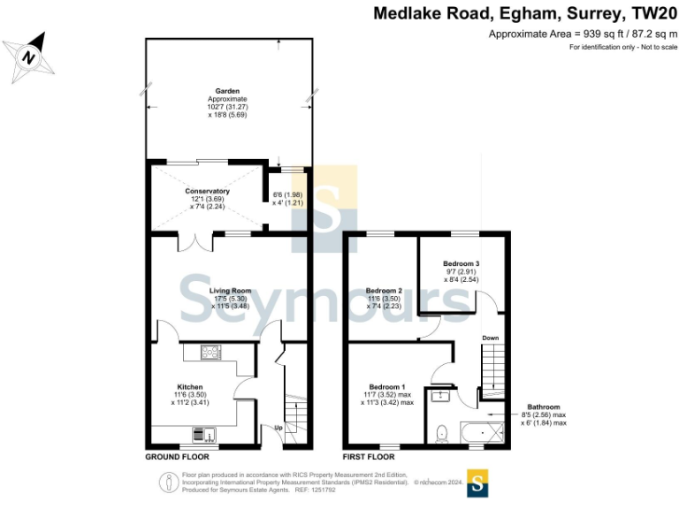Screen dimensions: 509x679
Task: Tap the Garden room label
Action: coord(227,91)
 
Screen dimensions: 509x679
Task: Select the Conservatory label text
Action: coord(207,191)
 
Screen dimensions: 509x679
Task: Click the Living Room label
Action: coord(230,291)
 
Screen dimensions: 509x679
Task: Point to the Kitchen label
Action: coord(190,387)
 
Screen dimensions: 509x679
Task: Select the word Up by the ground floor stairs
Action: coord(279,428)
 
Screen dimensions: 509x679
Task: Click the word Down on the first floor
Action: coord(490,338)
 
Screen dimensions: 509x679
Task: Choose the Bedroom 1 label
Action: coord(387,387)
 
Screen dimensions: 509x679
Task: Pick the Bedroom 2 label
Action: coord(384,291)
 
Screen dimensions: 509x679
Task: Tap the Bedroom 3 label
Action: coord(462,263)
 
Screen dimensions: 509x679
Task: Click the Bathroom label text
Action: coord(544,406)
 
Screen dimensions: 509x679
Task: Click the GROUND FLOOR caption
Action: coord(177,458)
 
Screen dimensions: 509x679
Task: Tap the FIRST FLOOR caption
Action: coord(369,458)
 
